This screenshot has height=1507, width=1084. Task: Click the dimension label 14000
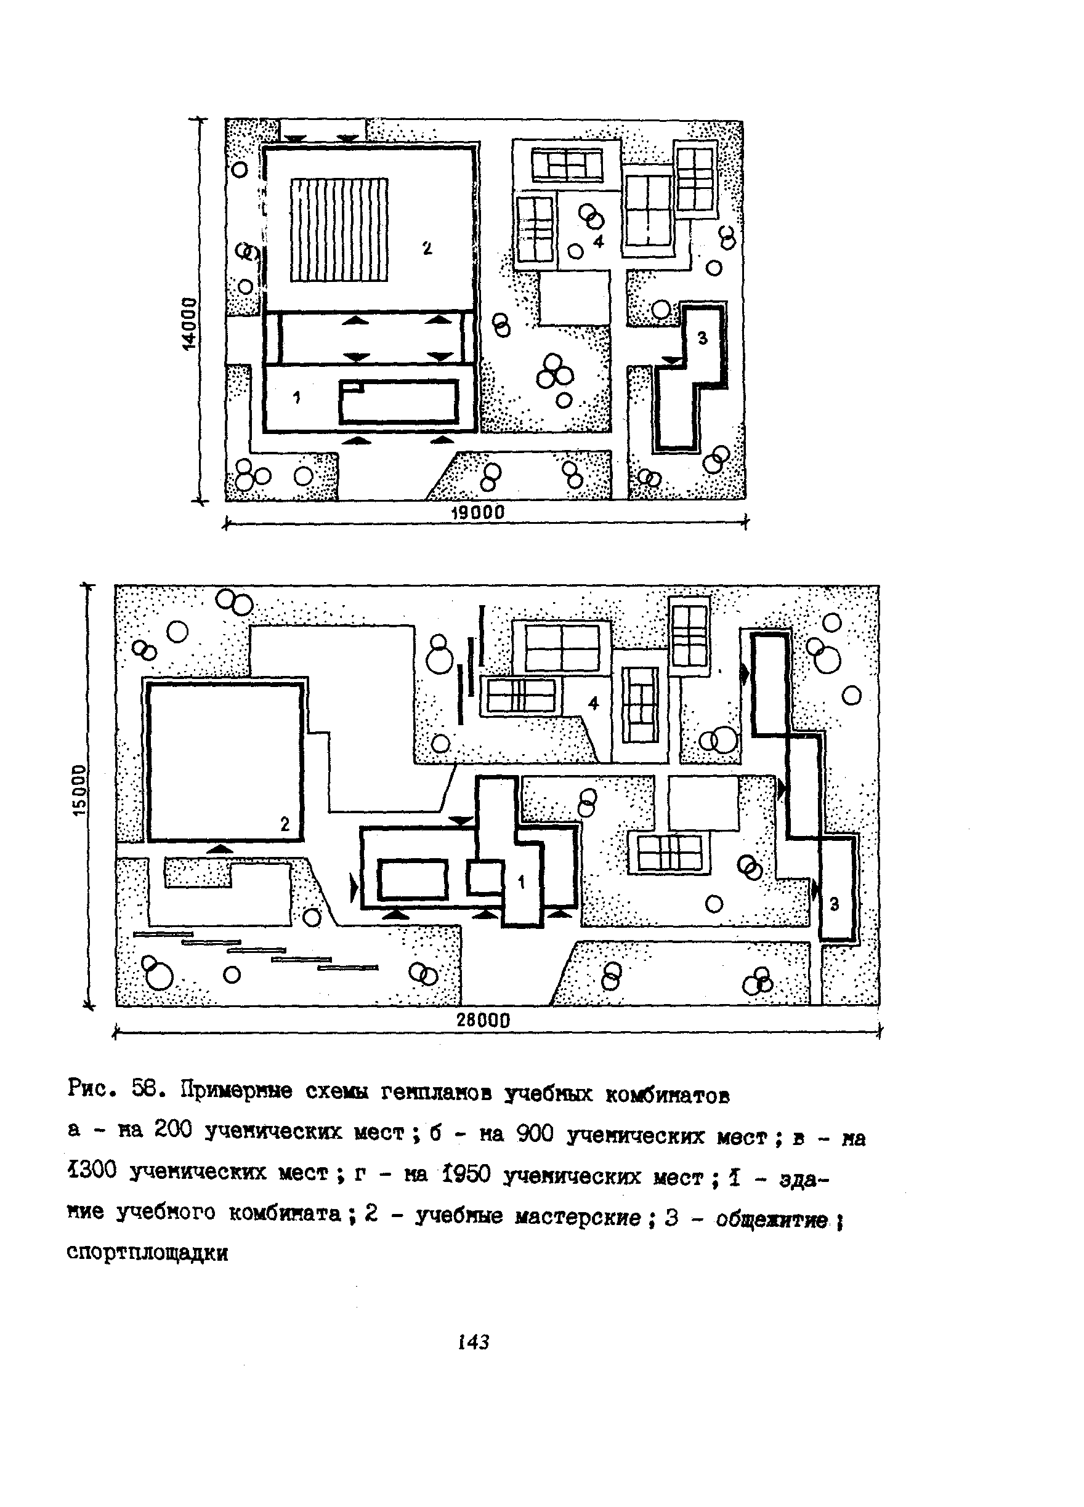[190, 324]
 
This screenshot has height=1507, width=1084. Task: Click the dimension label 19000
[477, 513]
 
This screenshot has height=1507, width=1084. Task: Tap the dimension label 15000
[79, 790]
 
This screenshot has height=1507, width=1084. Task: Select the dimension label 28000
[483, 1021]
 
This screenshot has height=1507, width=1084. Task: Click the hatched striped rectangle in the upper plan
[339, 229]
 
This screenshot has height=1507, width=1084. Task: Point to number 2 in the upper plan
[427, 249]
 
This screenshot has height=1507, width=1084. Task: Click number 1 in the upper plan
[296, 397]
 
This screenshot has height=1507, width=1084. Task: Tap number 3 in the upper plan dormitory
[703, 339]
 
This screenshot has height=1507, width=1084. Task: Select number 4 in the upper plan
[598, 241]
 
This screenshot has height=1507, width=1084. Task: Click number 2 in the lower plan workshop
[285, 824]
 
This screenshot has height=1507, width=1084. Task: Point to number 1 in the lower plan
[521, 882]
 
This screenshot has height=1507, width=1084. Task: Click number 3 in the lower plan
[834, 904]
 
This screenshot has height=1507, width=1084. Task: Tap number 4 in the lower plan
[594, 703]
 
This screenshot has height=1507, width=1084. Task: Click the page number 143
[473, 1342]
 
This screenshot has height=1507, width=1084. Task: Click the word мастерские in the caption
[578, 1216]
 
